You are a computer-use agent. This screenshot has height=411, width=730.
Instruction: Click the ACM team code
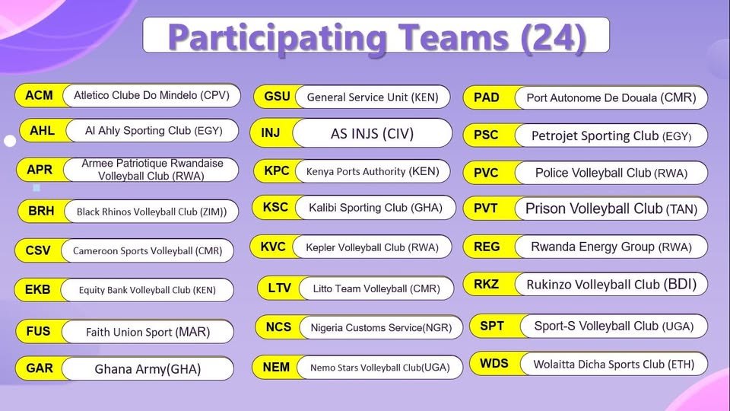(x=39, y=96)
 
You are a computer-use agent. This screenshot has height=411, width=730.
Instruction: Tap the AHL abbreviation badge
(x=42, y=131)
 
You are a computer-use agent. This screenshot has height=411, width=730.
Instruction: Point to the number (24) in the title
(x=553, y=37)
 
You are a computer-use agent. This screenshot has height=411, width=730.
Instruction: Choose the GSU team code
(x=277, y=97)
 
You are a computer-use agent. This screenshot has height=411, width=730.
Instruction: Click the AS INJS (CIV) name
(x=372, y=133)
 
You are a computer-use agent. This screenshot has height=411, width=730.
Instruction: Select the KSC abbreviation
(x=275, y=207)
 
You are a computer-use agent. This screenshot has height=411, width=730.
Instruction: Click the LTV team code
(x=280, y=288)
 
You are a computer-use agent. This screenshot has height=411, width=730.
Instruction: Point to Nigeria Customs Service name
(x=381, y=328)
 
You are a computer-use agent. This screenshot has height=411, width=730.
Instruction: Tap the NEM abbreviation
(x=276, y=367)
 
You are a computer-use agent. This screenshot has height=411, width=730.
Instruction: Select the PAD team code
(x=486, y=97)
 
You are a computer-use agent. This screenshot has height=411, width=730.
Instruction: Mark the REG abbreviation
(x=487, y=247)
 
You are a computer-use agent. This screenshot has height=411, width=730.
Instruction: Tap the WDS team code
(x=494, y=363)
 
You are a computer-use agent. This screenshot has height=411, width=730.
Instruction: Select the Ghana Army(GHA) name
(x=148, y=369)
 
